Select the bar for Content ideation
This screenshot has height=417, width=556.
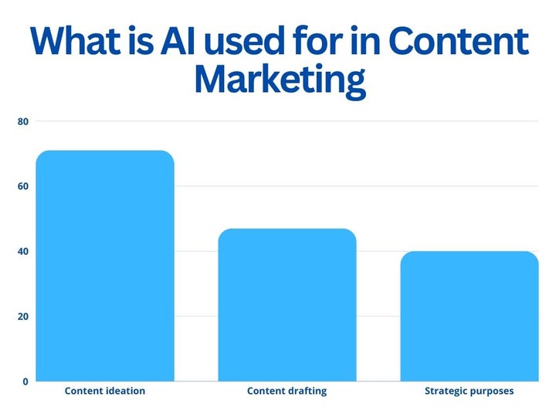(x=105, y=266)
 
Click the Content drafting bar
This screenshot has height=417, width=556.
(x=287, y=305)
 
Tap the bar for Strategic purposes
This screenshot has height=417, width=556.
(x=470, y=317)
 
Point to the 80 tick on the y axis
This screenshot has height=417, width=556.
(x=23, y=122)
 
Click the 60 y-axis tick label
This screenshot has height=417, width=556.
(x=23, y=187)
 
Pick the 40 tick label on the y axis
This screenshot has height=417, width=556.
(x=23, y=252)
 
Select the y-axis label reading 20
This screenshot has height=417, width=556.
(x=23, y=317)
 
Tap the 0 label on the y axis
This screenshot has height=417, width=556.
(x=25, y=381)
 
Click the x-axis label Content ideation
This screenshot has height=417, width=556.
(x=105, y=391)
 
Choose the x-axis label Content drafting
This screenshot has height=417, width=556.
(x=286, y=392)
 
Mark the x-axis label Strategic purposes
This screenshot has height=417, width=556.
(x=470, y=392)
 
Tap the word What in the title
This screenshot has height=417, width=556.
(x=76, y=40)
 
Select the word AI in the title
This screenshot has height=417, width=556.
(x=178, y=40)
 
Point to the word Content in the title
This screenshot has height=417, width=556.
(x=459, y=40)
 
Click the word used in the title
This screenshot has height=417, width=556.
(x=245, y=40)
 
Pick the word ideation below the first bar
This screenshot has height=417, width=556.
(x=124, y=391)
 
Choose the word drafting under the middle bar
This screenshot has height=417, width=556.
(x=307, y=392)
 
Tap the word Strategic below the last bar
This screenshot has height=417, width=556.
(x=446, y=392)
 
